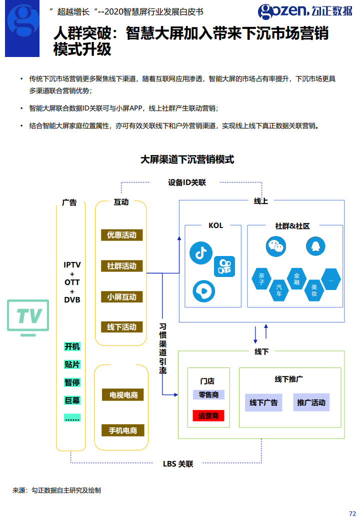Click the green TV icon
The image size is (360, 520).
[x=28, y=317]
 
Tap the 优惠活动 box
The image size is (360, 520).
[x=121, y=235]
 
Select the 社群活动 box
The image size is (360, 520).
[x=121, y=266]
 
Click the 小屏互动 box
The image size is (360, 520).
[x=121, y=297]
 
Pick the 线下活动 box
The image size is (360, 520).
[x=121, y=327]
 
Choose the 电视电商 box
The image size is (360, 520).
[x=123, y=395]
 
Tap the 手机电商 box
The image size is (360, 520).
[x=123, y=430]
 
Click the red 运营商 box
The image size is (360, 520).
[x=208, y=415]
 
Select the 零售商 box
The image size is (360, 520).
[x=208, y=395]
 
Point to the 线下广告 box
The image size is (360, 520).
[x=263, y=402]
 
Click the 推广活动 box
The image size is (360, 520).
[x=311, y=402]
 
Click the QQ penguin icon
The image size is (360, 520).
[x=314, y=246]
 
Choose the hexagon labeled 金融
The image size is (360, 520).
[x=296, y=278]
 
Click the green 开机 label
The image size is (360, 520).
[x=72, y=346]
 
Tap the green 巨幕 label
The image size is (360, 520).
[x=72, y=400]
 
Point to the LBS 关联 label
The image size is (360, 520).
[x=178, y=464]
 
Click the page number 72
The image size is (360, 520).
[x=352, y=513]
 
